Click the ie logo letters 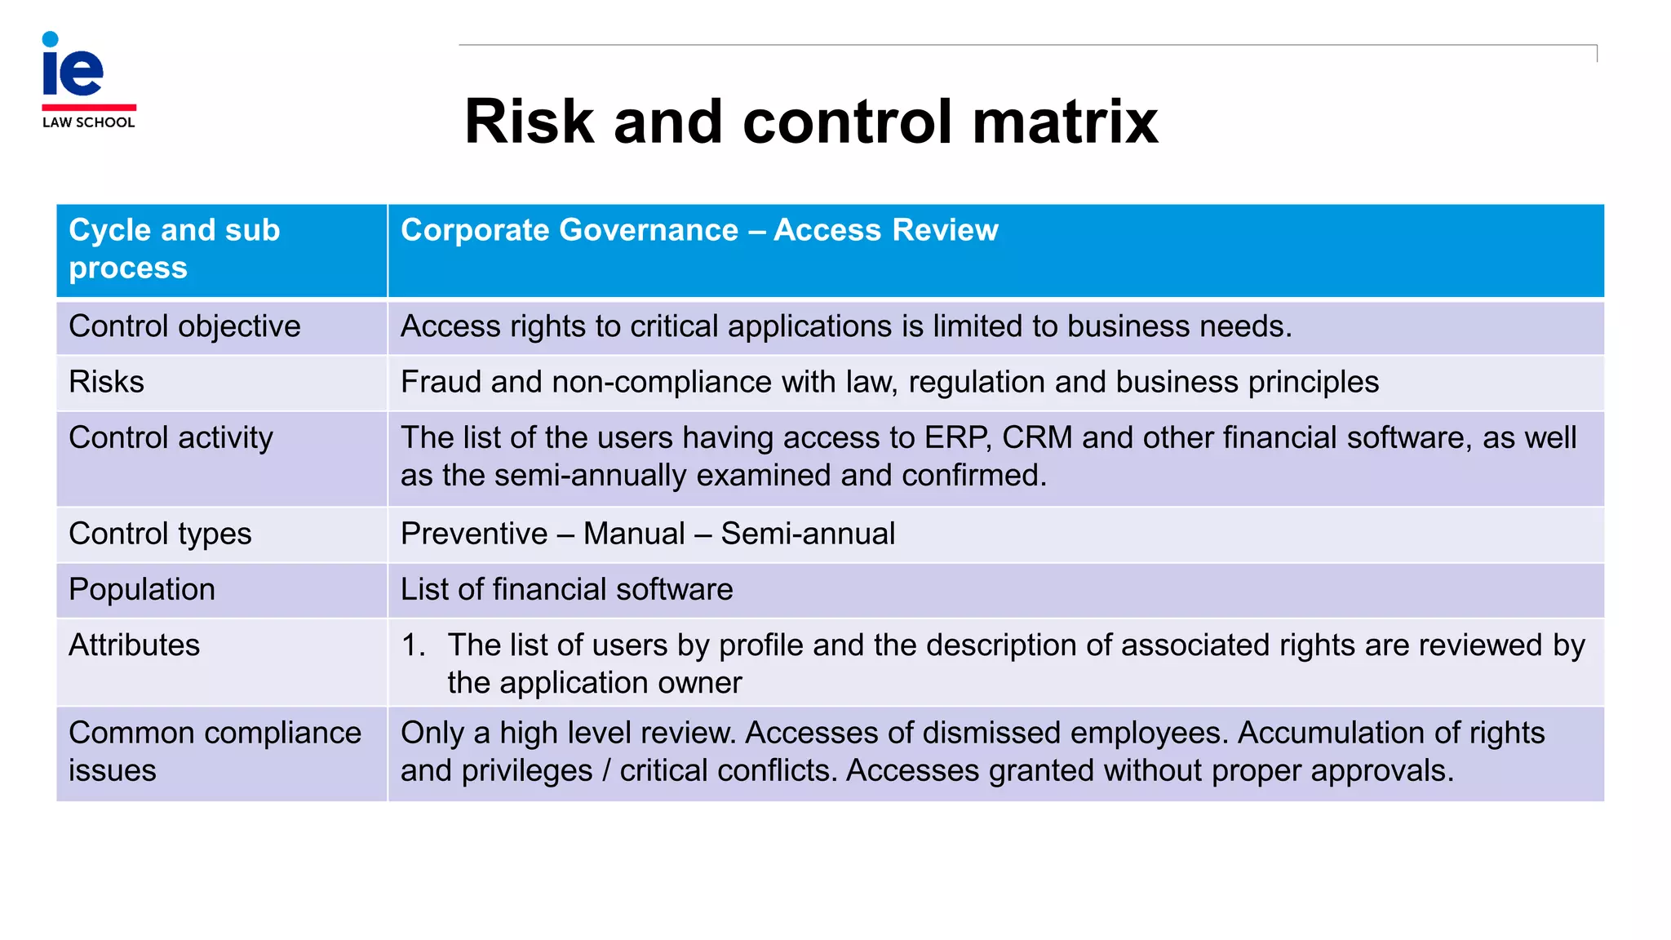pos(73,69)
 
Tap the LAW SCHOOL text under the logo pos(88,122)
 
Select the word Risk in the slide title pos(529,122)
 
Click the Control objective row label pos(184,326)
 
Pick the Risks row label pos(106,382)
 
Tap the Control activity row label pos(171,438)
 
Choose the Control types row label pos(160,534)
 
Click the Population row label pos(142,589)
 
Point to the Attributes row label pos(134,645)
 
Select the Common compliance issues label pos(214,751)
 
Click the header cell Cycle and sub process pos(174,248)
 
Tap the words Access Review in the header pos(885,230)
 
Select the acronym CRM pos(1036,438)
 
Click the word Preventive pos(474,534)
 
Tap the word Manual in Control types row pos(634,534)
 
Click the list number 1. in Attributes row pos(413,645)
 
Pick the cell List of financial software pos(566,589)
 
